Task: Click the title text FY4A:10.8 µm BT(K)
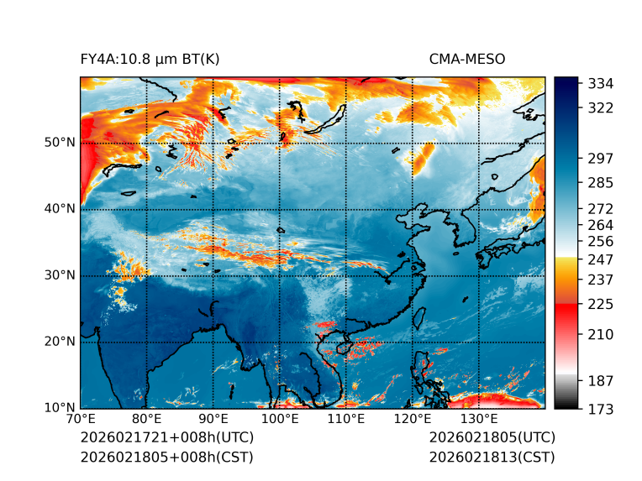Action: [x=150, y=59]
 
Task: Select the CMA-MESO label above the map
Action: [x=466, y=59]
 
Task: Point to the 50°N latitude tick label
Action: [x=60, y=143]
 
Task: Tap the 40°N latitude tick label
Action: [x=60, y=209]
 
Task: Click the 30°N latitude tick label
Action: [x=60, y=275]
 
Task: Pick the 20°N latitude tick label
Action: [x=60, y=342]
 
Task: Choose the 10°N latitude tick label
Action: [x=60, y=408]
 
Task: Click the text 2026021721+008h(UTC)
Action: [x=166, y=438]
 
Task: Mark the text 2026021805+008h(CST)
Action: [x=166, y=457]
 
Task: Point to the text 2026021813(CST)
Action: [x=492, y=457]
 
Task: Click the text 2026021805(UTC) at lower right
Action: [x=492, y=438]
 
